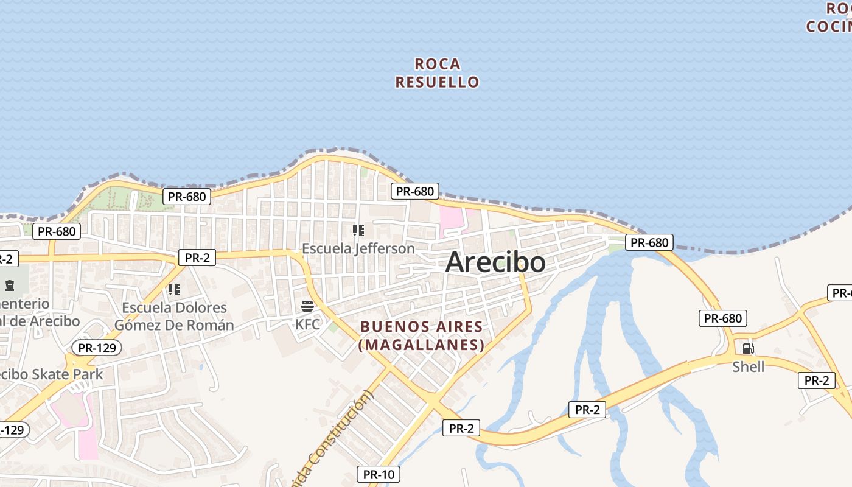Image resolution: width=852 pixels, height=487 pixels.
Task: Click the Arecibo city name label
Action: (495, 262)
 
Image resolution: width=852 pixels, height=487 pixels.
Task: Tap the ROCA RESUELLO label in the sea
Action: (437, 73)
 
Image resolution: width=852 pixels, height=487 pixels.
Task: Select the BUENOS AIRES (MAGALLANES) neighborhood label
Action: (422, 335)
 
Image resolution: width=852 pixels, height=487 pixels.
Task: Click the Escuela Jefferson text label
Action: (358, 248)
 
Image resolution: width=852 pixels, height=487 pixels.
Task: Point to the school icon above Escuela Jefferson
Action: (358, 231)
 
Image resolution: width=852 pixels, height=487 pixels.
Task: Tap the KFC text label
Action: (307, 324)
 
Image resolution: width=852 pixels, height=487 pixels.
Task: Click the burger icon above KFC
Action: (307, 306)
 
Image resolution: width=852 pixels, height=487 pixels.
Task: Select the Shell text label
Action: (748, 366)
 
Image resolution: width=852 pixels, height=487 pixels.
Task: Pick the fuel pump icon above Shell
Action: (748, 349)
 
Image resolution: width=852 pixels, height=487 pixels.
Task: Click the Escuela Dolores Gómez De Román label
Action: (174, 316)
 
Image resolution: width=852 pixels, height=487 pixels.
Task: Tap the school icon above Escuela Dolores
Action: (174, 290)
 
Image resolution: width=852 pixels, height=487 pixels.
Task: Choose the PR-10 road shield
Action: (378, 474)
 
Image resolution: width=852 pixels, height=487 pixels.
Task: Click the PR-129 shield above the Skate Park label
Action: (97, 348)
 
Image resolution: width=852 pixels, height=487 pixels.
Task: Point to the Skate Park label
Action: (52, 374)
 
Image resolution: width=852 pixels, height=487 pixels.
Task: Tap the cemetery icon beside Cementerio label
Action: (9, 285)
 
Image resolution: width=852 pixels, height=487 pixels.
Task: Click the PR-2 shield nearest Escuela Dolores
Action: (197, 258)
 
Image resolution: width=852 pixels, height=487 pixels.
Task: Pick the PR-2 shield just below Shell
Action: (816, 380)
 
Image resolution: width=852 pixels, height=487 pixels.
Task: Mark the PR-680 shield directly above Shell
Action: (722, 318)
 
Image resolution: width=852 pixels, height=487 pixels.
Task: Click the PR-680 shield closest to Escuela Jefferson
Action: (414, 191)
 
